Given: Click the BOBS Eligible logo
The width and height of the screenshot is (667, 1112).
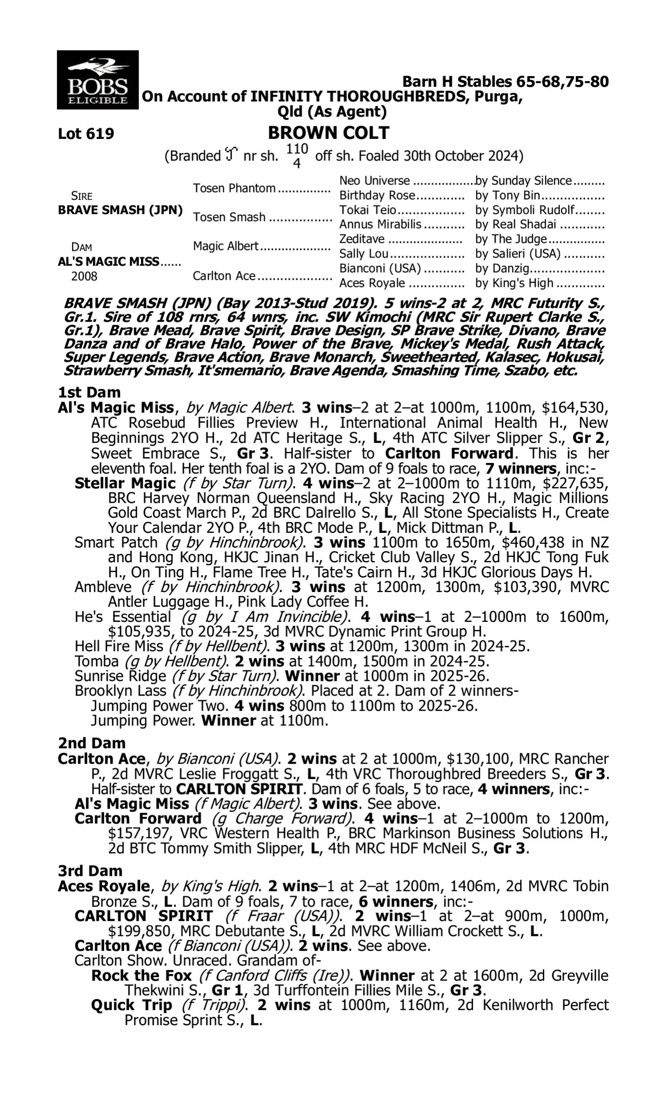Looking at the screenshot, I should click(x=97, y=80).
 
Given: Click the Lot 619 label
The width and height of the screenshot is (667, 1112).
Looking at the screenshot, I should click(x=86, y=133).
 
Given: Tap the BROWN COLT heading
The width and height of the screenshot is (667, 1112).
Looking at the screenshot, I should click(x=329, y=133).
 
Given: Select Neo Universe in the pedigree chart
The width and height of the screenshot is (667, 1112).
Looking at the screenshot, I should click(x=374, y=181).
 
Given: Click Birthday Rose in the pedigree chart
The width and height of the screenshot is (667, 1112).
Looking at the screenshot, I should click(x=378, y=196).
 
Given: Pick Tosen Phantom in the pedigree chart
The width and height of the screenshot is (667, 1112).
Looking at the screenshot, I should click(x=234, y=188).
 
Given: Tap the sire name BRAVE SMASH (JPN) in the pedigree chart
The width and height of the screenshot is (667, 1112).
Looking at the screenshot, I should click(x=120, y=210).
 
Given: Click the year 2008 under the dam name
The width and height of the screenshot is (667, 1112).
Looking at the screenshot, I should click(x=84, y=276).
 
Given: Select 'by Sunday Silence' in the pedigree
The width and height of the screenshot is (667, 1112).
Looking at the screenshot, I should click(x=523, y=181).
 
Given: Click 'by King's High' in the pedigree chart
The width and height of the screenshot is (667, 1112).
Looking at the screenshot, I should click(x=514, y=283).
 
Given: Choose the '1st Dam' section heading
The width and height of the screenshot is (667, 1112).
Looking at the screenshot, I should click(x=89, y=392).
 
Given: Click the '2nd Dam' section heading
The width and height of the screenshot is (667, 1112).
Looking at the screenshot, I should click(x=91, y=743).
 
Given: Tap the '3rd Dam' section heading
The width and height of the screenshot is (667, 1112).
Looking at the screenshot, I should click(x=90, y=870).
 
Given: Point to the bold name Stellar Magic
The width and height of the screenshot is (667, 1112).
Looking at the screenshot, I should click(x=125, y=483).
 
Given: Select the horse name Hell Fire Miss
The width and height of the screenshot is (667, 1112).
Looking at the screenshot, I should click(x=119, y=646).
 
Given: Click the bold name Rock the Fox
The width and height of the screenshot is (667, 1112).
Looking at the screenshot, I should click(x=141, y=976).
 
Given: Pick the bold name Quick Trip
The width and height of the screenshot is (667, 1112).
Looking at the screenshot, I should click(x=131, y=1005).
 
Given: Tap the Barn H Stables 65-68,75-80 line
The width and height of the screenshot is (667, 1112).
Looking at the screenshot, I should click(x=505, y=81).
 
